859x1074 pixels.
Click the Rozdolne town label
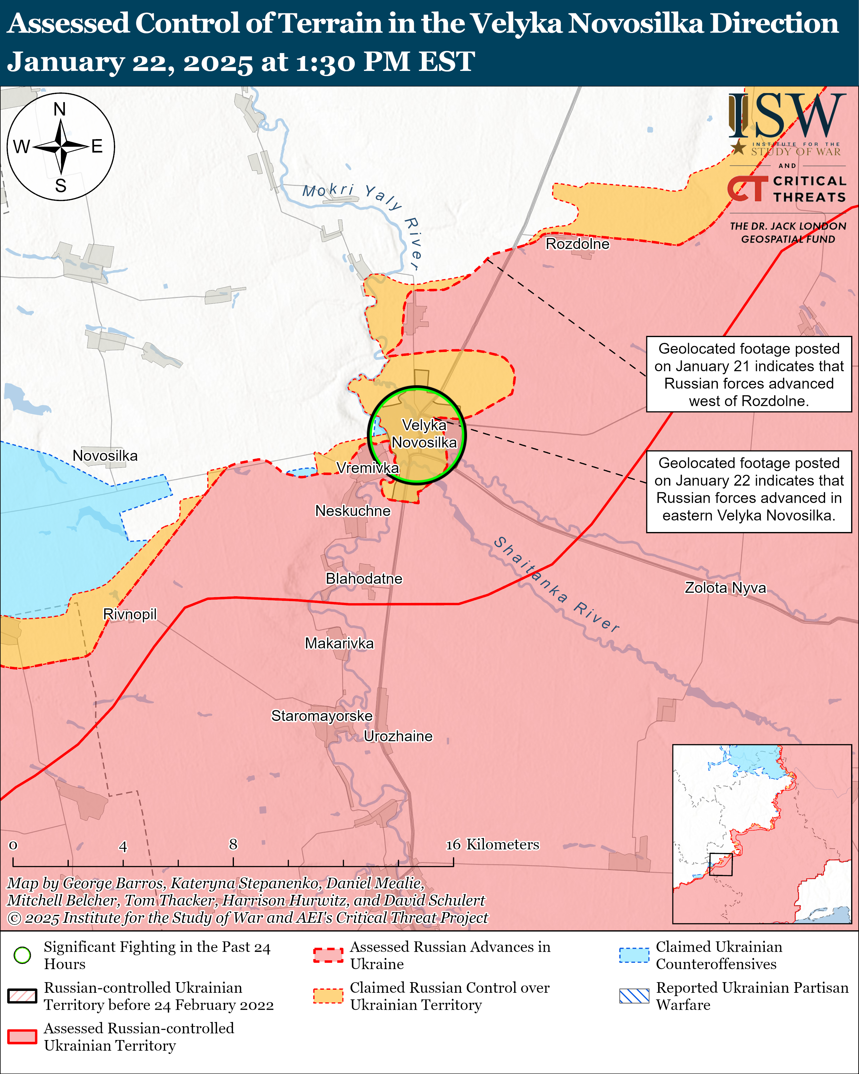point(577,244)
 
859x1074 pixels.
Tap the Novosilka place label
point(105,456)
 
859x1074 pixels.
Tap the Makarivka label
point(339,643)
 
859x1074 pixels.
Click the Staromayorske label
point(322,716)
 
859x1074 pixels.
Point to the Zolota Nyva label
point(725,588)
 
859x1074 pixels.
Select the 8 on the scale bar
point(233,844)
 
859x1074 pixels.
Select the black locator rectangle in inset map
point(721,864)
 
